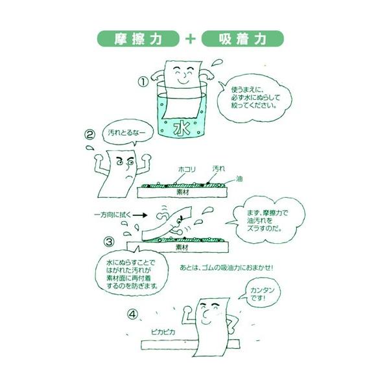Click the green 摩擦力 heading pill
coord(138,39)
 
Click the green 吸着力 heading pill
coord(242,39)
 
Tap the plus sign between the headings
coord(190,39)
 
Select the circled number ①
coord(143,82)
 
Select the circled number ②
coord(90,135)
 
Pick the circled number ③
coord(109,242)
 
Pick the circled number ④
coord(132,314)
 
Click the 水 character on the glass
coord(182,128)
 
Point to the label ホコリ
coord(187,170)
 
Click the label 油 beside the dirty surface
coord(239,179)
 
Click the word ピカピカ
coord(163,332)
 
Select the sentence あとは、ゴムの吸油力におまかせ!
coord(226,268)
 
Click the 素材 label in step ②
coord(183,193)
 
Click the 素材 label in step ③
coord(182,247)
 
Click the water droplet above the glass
coord(217,62)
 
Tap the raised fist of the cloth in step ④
coord(187,310)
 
